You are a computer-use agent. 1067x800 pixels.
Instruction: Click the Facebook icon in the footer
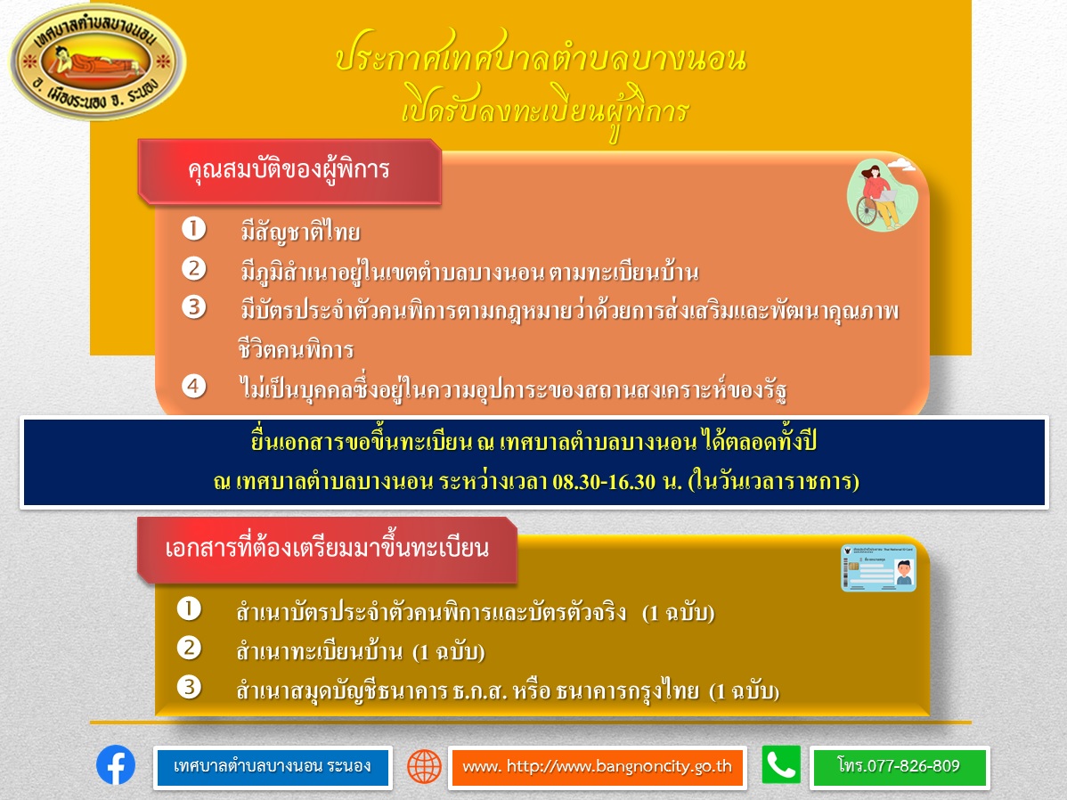click(x=116, y=764)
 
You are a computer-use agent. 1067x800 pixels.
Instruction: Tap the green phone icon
click(x=781, y=764)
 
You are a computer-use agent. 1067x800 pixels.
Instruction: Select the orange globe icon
click(x=425, y=766)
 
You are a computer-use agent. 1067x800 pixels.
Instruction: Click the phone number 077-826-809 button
click(x=900, y=767)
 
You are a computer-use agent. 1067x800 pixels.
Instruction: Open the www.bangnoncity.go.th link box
click(x=598, y=767)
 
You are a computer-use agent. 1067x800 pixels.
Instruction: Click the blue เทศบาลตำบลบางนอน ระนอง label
click(x=273, y=767)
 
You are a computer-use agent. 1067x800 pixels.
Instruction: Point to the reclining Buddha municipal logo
click(x=97, y=62)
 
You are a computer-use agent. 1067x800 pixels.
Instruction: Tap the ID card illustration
click(x=878, y=567)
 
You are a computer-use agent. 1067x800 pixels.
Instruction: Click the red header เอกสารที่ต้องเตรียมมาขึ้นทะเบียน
click(x=327, y=550)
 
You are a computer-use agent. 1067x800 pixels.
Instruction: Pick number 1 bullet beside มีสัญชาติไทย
click(x=194, y=229)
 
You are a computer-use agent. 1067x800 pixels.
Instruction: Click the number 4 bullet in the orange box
click(x=194, y=386)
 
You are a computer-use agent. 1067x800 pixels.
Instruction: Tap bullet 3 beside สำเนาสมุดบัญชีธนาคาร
click(x=189, y=687)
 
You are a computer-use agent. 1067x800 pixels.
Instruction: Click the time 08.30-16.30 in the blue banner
click(x=604, y=482)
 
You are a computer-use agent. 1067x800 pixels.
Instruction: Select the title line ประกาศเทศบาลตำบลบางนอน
click(x=541, y=57)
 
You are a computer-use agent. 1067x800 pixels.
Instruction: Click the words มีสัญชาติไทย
click(x=300, y=233)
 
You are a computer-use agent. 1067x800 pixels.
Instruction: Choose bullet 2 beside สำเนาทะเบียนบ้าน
click(x=189, y=648)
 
